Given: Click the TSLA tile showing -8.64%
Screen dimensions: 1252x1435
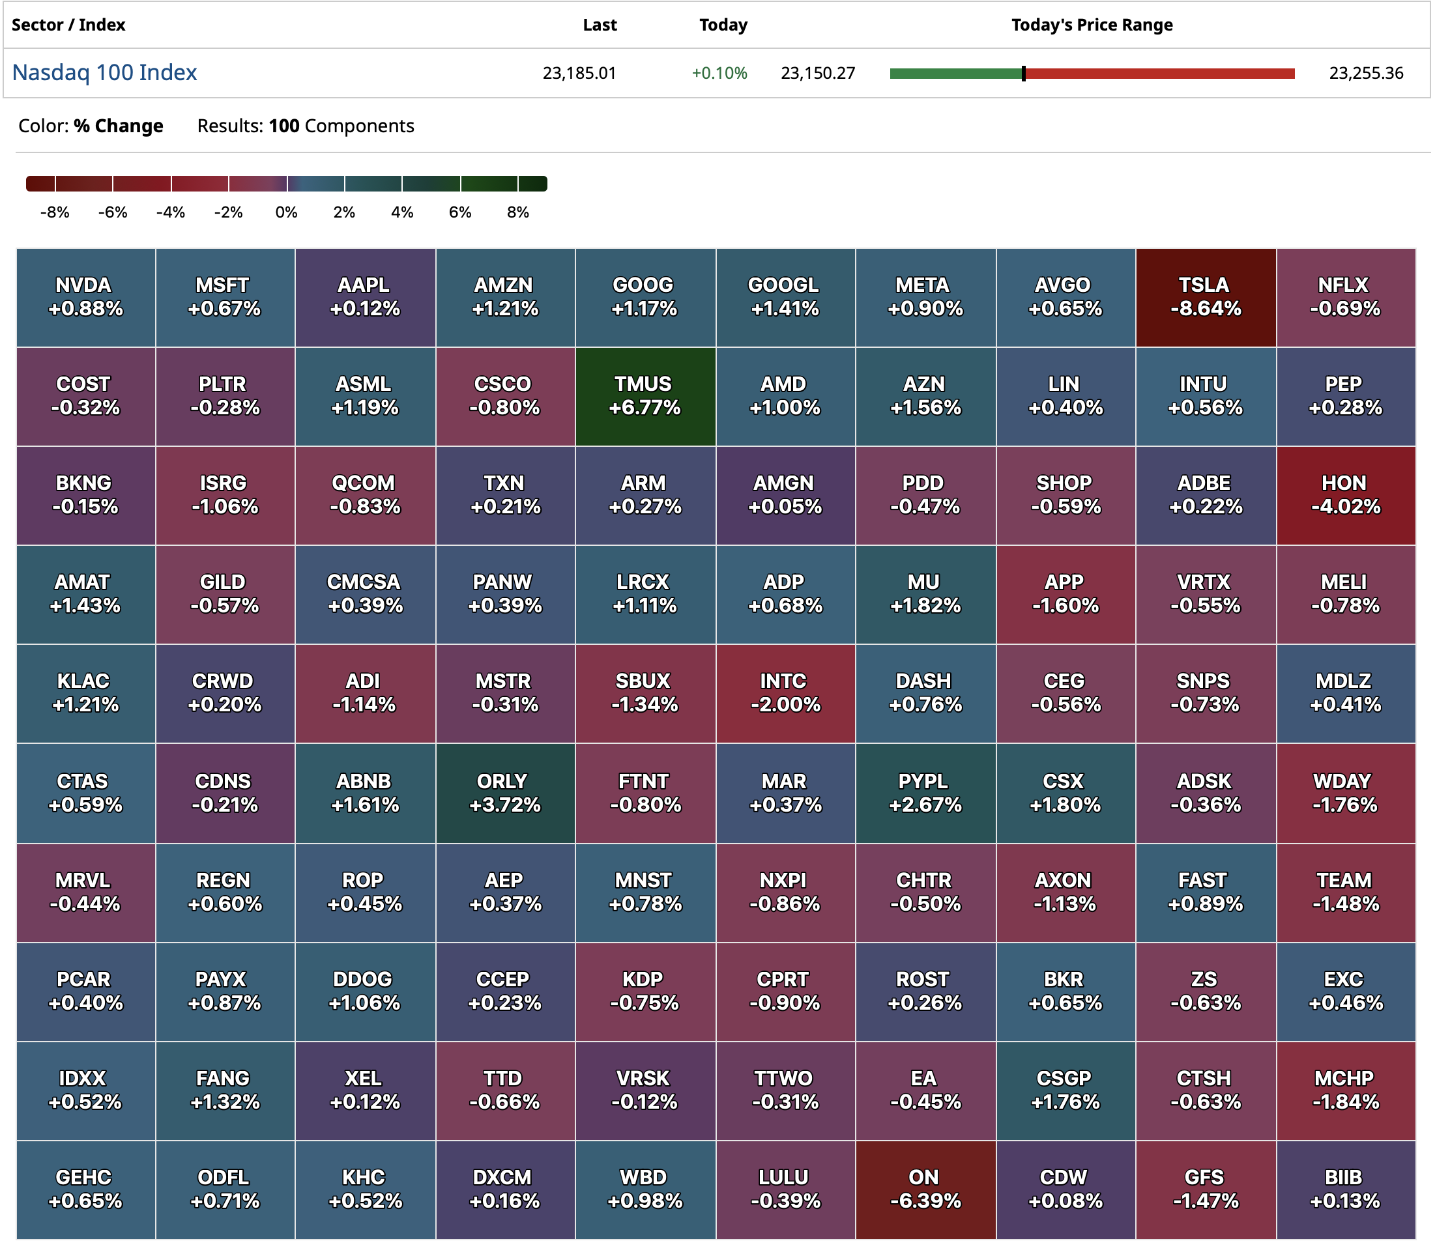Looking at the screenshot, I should pos(1205,297).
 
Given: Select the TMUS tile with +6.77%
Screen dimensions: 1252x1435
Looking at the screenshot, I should pos(645,396).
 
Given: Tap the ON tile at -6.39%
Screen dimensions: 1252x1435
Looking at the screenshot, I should pos(925,1189).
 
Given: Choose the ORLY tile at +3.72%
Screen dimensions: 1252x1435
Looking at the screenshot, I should pos(504,793).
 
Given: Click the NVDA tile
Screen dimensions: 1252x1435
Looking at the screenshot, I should pos(85,297).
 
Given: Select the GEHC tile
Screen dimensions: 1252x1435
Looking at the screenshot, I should pos(85,1189).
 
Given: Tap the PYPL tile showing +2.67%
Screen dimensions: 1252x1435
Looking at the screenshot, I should pos(925,793).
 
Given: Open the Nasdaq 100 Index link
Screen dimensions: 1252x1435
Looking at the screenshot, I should pos(105,73).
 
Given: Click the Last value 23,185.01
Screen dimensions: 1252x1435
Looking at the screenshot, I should pos(579,74).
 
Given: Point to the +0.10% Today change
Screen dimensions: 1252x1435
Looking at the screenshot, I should pos(719,74).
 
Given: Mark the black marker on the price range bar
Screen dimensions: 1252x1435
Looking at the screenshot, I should pos(1023,74).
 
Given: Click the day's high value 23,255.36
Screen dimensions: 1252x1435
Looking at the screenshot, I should pos(1366,74).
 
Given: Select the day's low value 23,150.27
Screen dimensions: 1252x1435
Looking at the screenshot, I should pos(818,74).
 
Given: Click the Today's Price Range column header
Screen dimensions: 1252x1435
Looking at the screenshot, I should pos(1092,25).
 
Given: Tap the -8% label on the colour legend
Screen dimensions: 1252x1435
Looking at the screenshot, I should pos(55,212).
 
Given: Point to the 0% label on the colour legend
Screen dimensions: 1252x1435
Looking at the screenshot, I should pos(287,212).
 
